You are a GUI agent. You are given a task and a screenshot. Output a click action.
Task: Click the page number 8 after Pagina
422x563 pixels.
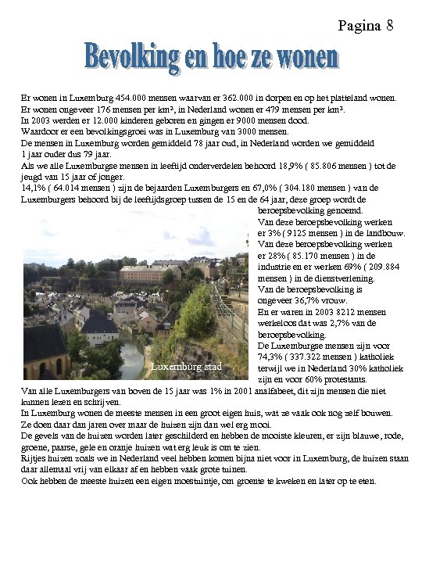tap(389, 26)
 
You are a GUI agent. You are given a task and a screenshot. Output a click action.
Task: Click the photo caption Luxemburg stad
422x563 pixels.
tap(186, 366)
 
